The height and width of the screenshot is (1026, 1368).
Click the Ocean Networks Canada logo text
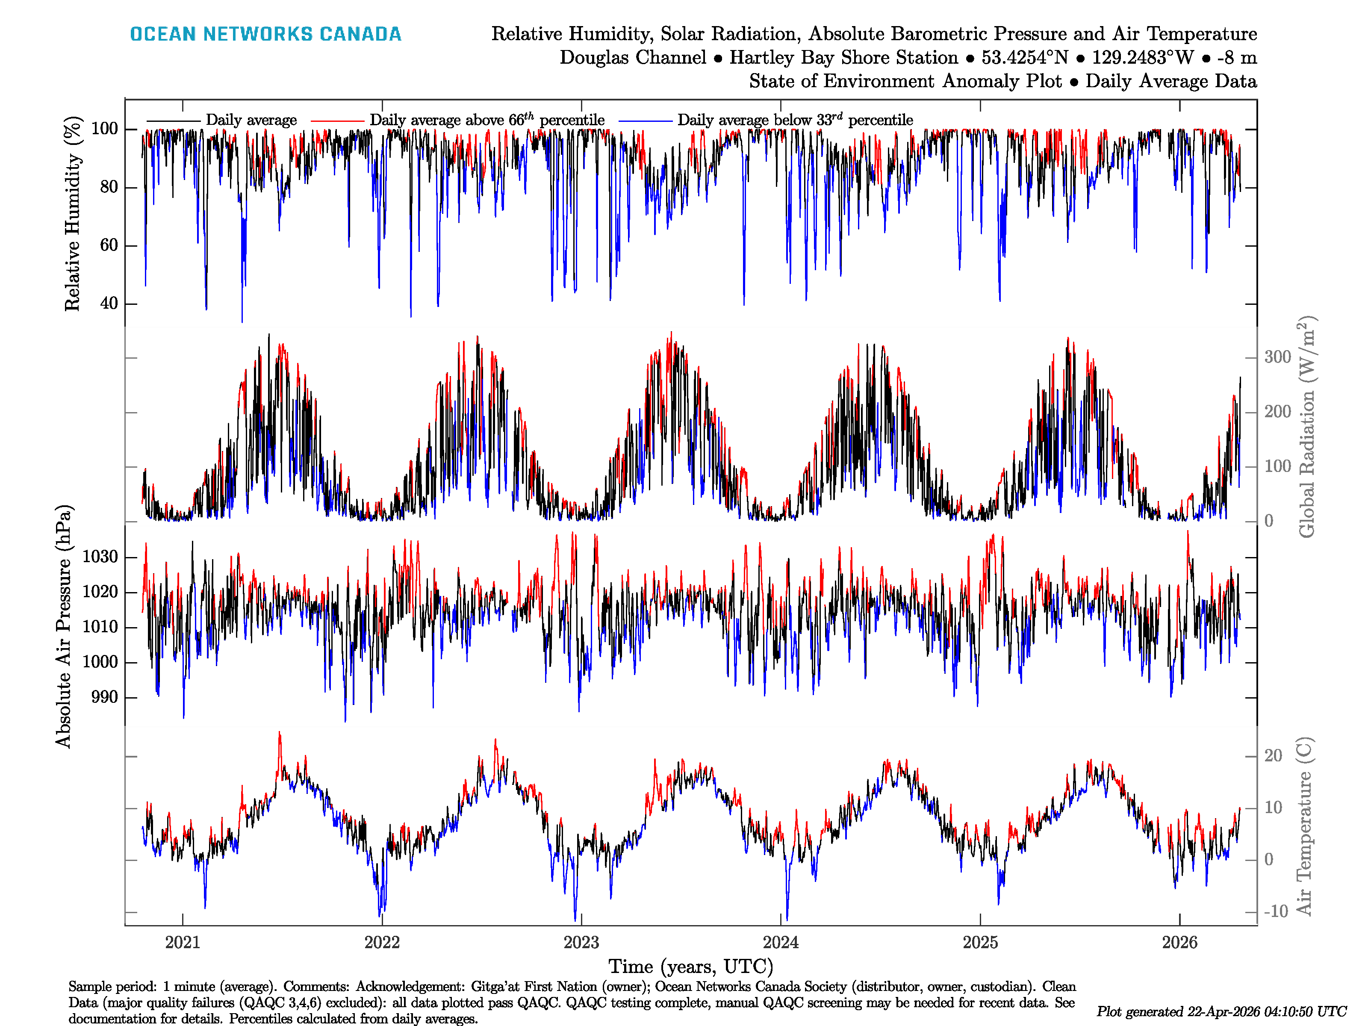[265, 34]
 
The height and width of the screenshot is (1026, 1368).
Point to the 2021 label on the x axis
[183, 943]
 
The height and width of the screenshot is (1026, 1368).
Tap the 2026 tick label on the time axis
[1179, 943]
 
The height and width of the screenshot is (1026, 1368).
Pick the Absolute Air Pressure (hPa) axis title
[64, 626]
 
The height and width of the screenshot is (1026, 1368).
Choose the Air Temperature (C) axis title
[1304, 826]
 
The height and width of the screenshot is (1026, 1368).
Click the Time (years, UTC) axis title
[691, 967]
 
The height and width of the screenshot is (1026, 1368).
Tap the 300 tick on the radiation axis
[1277, 357]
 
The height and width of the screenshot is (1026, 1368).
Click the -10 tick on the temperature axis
[1275, 911]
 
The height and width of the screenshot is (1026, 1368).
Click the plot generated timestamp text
[1221, 1011]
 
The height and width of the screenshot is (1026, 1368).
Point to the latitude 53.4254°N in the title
[1025, 58]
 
